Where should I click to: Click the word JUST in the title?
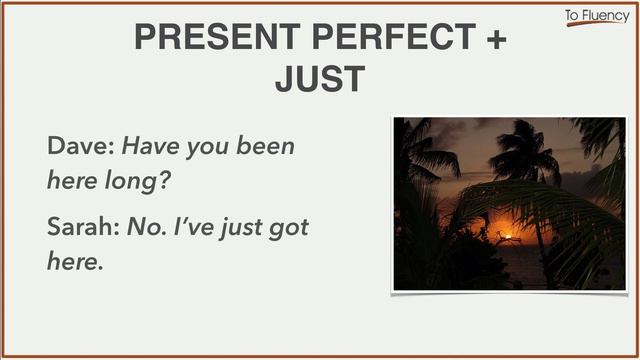click(319, 78)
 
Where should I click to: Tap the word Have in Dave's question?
click(150, 146)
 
